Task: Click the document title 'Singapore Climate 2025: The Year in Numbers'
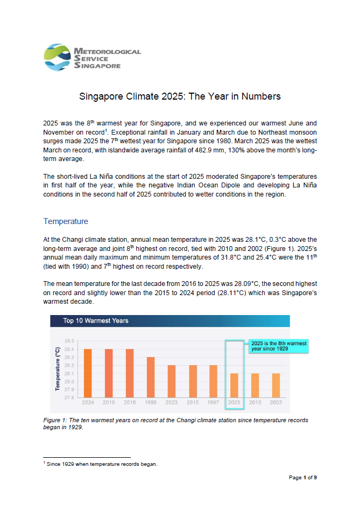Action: (180, 97)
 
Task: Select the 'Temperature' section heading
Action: (66, 221)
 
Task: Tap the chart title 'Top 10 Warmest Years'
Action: (96, 321)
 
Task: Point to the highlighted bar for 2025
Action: (234, 385)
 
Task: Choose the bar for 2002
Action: (276, 385)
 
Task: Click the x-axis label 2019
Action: (109, 402)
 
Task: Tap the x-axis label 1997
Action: (213, 402)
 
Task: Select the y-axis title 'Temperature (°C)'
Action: (57, 369)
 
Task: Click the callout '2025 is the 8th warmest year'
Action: (277, 345)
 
